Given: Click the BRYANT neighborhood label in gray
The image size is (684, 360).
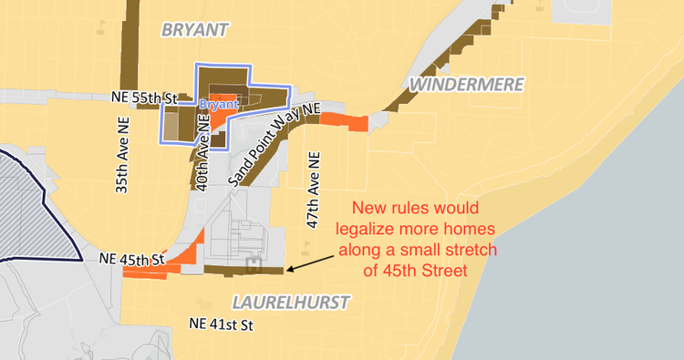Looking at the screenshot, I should (195, 30).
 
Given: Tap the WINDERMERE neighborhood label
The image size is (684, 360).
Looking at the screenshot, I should (467, 85).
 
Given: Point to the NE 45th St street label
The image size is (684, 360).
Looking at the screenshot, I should (130, 260).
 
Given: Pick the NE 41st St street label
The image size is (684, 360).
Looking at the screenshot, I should (220, 324).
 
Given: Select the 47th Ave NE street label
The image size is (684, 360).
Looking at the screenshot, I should (314, 189).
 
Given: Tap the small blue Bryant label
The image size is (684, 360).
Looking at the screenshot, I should (218, 105).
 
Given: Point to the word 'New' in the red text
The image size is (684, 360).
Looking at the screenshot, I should (370, 208).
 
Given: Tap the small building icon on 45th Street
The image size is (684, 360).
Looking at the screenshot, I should (254, 265).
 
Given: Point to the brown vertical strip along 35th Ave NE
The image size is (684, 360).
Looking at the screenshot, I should (130, 46).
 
